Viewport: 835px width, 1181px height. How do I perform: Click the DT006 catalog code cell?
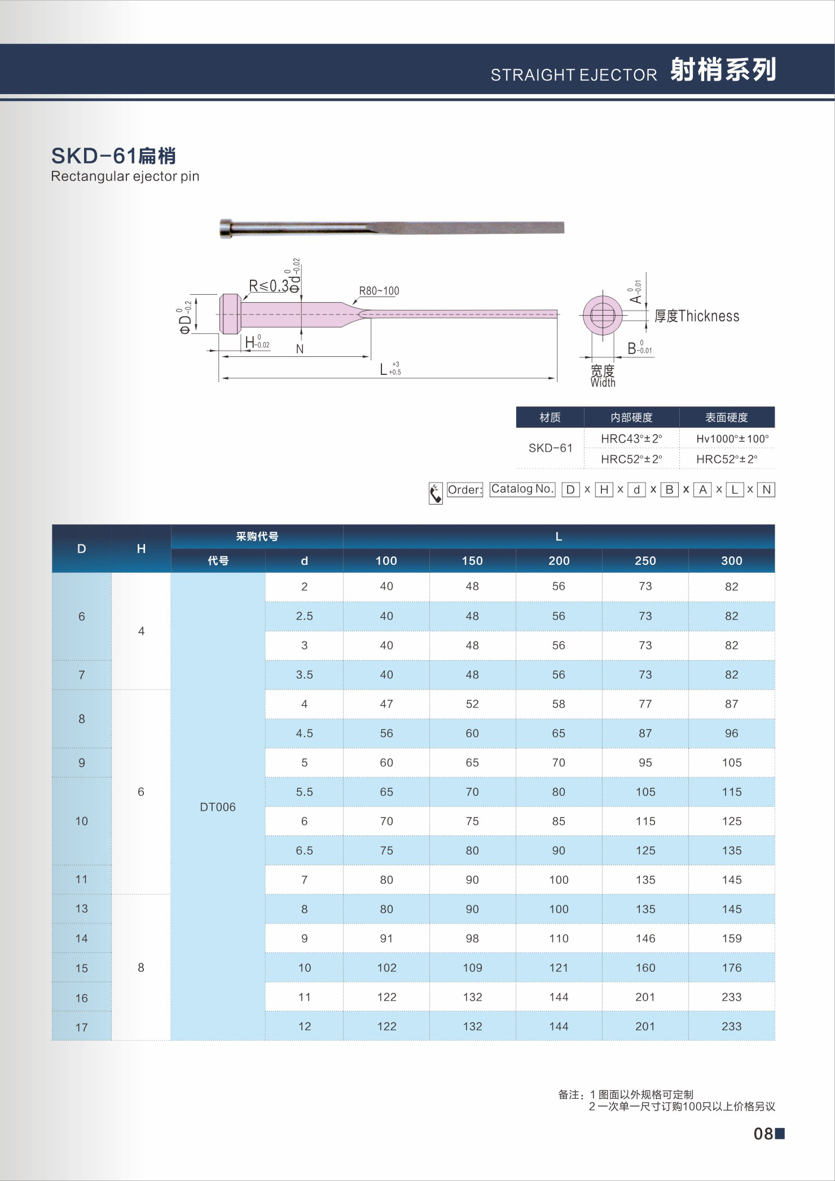point(218,807)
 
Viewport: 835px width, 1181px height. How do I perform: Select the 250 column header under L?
point(645,560)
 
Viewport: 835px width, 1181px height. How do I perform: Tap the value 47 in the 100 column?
point(386,704)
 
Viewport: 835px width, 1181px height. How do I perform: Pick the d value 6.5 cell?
point(304,850)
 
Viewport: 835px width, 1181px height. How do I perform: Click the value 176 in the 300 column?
point(731,967)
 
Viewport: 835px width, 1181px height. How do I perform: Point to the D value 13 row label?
point(82,908)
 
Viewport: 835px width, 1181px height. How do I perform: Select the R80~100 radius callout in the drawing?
point(379,291)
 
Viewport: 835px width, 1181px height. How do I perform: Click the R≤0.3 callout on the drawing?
point(269,286)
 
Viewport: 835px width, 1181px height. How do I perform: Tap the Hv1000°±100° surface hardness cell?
point(732,439)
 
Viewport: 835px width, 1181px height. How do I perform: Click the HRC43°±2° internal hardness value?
point(631,439)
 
